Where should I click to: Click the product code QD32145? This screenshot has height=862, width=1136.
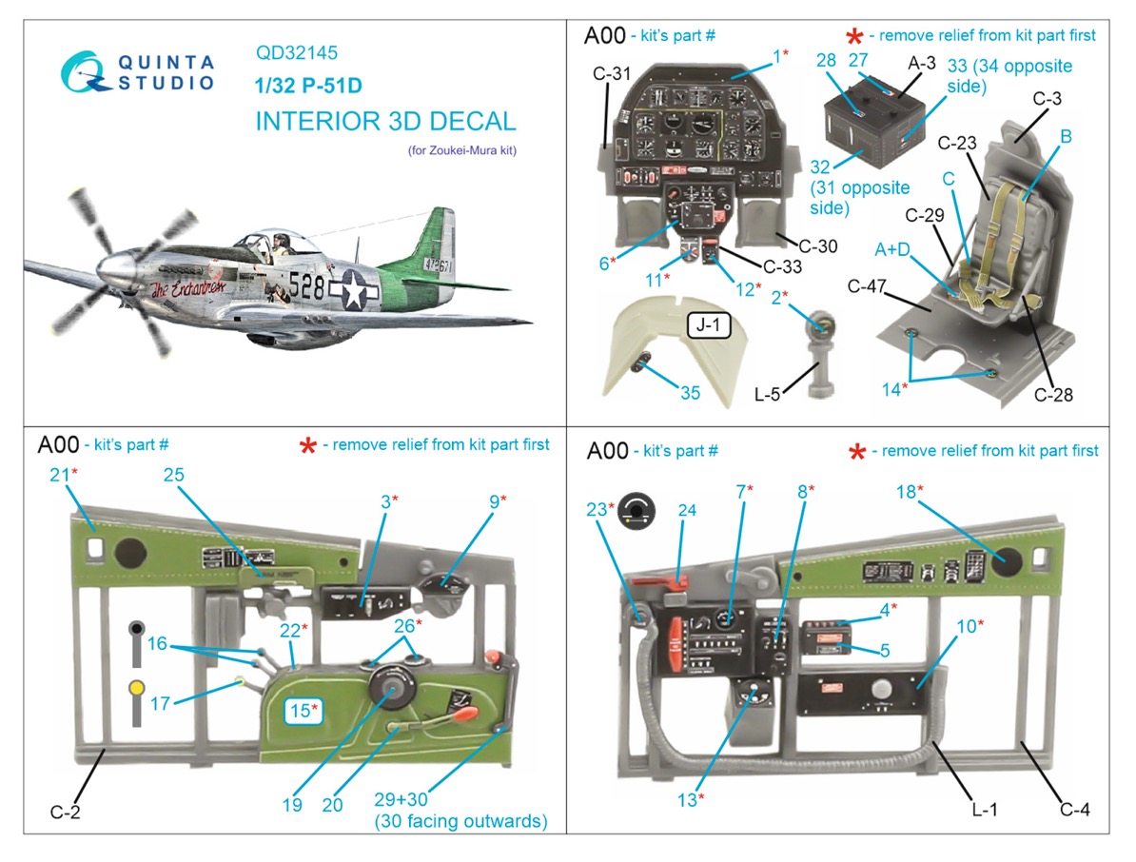(297, 54)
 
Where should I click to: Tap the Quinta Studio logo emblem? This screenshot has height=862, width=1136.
(85, 70)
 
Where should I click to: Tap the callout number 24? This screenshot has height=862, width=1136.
(686, 511)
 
